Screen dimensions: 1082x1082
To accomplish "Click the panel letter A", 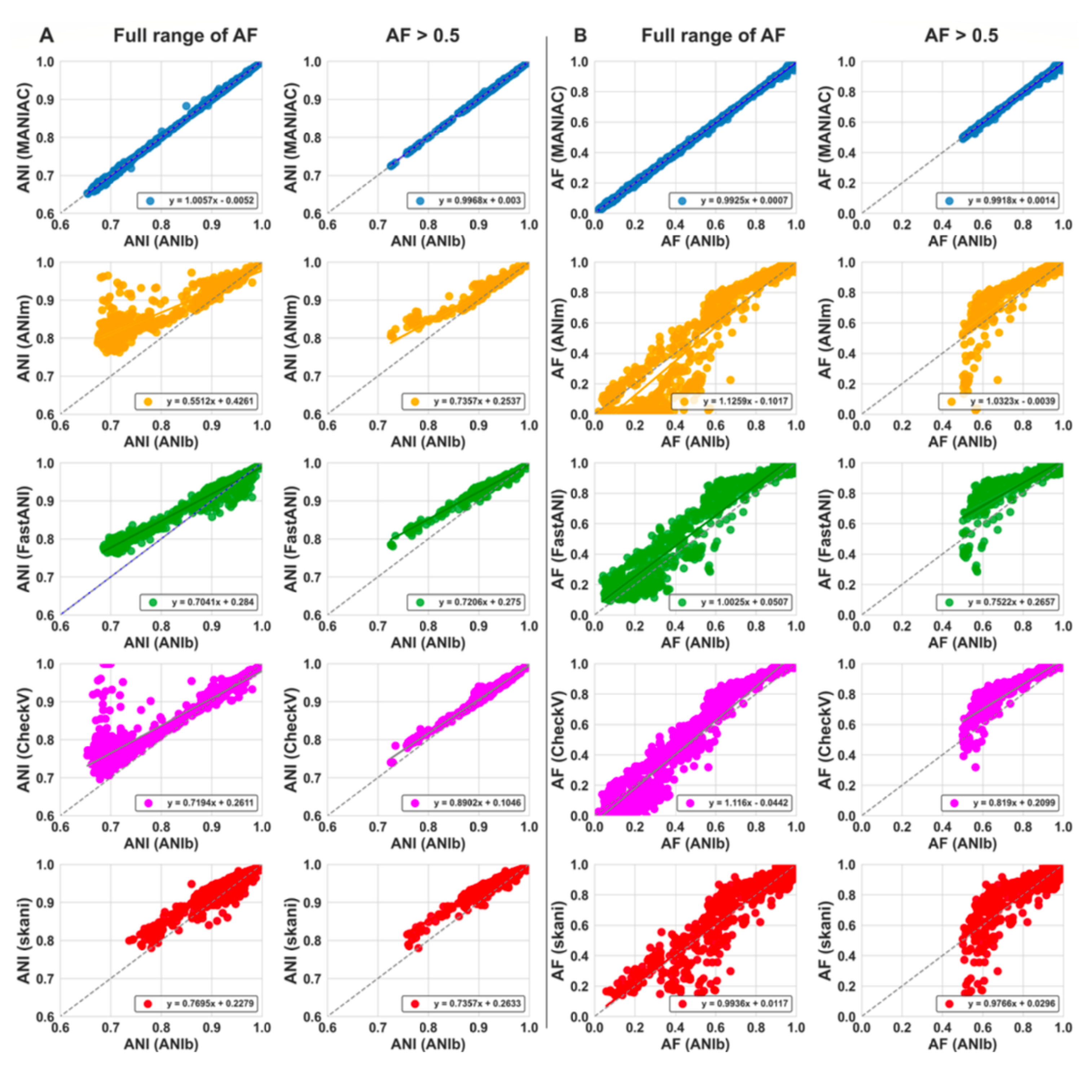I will (x=47, y=35).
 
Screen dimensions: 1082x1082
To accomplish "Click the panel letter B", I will (x=580, y=35).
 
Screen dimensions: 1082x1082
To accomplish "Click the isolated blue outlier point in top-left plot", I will (x=186, y=105).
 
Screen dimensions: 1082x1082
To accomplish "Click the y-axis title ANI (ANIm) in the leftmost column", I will (x=23, y=338).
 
